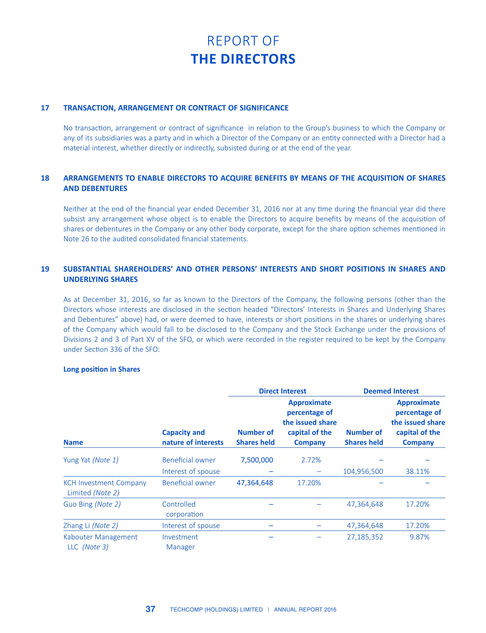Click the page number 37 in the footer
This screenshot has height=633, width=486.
(x=151, y=609)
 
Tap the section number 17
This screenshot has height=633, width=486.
(x=45, y=108)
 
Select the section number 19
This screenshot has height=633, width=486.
(x=45, y=269)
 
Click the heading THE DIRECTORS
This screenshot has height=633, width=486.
(x=243, y=59)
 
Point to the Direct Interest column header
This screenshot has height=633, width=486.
(x=282, y=391)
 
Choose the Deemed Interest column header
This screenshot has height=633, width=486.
(x=391, y=391)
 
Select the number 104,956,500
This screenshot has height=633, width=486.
(x=363, y=472)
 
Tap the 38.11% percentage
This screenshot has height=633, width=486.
(x=418, y=472)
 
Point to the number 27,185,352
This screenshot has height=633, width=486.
(x=365, y=537)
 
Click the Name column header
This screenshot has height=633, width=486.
(x=73, y=442)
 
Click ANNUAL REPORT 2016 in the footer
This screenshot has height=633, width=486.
(x=305, y=610)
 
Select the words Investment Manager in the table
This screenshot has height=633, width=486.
(x=180, y=542)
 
